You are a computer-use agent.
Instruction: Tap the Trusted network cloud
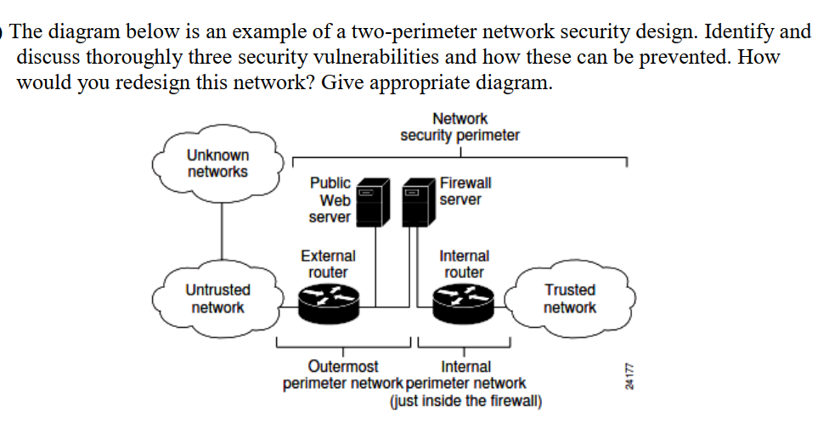point(570,298)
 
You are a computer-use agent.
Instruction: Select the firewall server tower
point(419,203)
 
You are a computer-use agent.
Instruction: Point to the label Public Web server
point(330,200)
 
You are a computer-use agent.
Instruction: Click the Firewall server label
point(465,191)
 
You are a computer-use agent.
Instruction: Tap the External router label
point(328,263)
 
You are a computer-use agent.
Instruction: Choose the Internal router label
point(464,263)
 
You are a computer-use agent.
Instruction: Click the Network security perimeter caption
point(460,127)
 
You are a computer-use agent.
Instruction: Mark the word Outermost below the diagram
point(343,367)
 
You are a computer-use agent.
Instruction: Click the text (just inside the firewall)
point(465,400)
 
